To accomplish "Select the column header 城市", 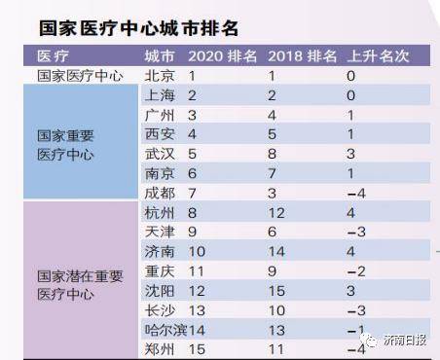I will click(x=159, y=55).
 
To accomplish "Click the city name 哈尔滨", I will click(x=165, y=331).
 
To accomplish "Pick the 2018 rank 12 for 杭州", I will click(x=278, y=212).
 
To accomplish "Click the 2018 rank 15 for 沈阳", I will click(x=278, y=291).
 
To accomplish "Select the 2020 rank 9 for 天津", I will click(x=194, y=233).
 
